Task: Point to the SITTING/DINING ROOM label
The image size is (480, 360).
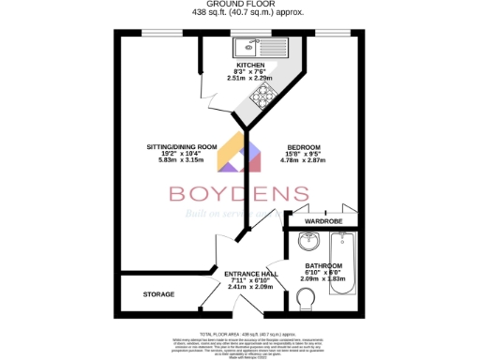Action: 182,147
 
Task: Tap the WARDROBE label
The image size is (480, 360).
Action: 322,221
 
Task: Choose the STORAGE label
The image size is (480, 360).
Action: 158,294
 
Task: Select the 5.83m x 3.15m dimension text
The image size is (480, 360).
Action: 182,160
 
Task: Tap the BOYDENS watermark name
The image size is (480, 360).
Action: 239,194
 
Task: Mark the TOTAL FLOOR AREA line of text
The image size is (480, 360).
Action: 239,333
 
